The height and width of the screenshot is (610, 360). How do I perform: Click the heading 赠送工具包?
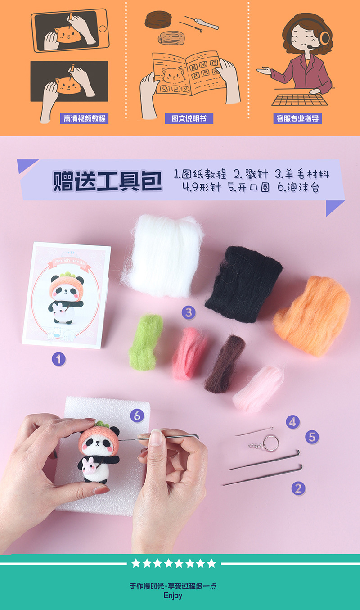click(x=107, y=180)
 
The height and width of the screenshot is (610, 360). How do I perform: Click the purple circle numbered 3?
click(x=189, y=312)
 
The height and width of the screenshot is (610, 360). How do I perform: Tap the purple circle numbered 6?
click(x=137, y=416)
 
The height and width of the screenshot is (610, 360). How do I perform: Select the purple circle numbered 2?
click(x=298, y=488)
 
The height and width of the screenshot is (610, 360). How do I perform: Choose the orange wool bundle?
click(x=311, y=315)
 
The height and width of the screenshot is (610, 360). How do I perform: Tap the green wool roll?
click(x=146, y=342)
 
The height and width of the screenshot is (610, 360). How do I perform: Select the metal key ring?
click(x=271, y=443)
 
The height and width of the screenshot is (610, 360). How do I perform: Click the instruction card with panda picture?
click(x=67, y=294)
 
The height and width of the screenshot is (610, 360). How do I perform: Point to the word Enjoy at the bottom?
click(x=173, y=595)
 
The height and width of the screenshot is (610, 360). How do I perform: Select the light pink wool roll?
click(x=258, y=388)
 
